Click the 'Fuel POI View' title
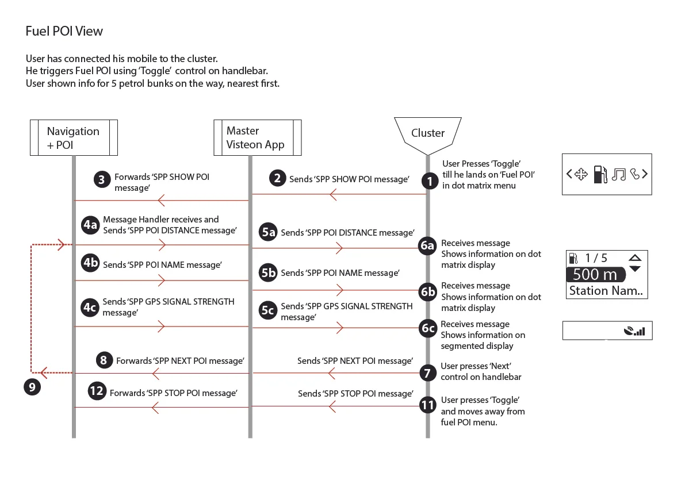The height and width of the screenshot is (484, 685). click(x=64, y=31)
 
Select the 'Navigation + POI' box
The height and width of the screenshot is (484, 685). click(x=74, y=138)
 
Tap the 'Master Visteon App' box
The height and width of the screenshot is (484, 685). click(x=257, y=138)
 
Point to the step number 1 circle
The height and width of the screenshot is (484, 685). click(x=429, y=181)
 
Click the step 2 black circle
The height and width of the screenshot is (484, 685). click(x=277, y=178)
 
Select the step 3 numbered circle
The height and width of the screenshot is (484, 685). click(x=101, y=180)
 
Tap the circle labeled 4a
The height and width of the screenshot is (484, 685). click(x=90, y=225)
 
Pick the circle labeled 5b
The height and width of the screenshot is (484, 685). click(x=269, y=272)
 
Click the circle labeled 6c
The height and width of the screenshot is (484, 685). click(x=427, y=329)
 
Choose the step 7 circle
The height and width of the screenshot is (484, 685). click(x=427, y=373)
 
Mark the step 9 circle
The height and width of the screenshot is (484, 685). click(x=32, y=387)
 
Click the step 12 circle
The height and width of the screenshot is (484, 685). click(x=97, y=392)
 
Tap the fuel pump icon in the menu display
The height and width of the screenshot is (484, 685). click(x=600, y=174)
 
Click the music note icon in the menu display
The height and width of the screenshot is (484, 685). click(x=618, y=174)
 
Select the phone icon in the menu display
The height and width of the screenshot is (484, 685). click(x=634, y=173)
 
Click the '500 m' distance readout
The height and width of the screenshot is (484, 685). click(x=595, y=275)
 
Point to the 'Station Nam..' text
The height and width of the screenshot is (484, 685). click(x=606, y=291)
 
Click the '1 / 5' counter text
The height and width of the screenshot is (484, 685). click(x=596, y=259)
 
